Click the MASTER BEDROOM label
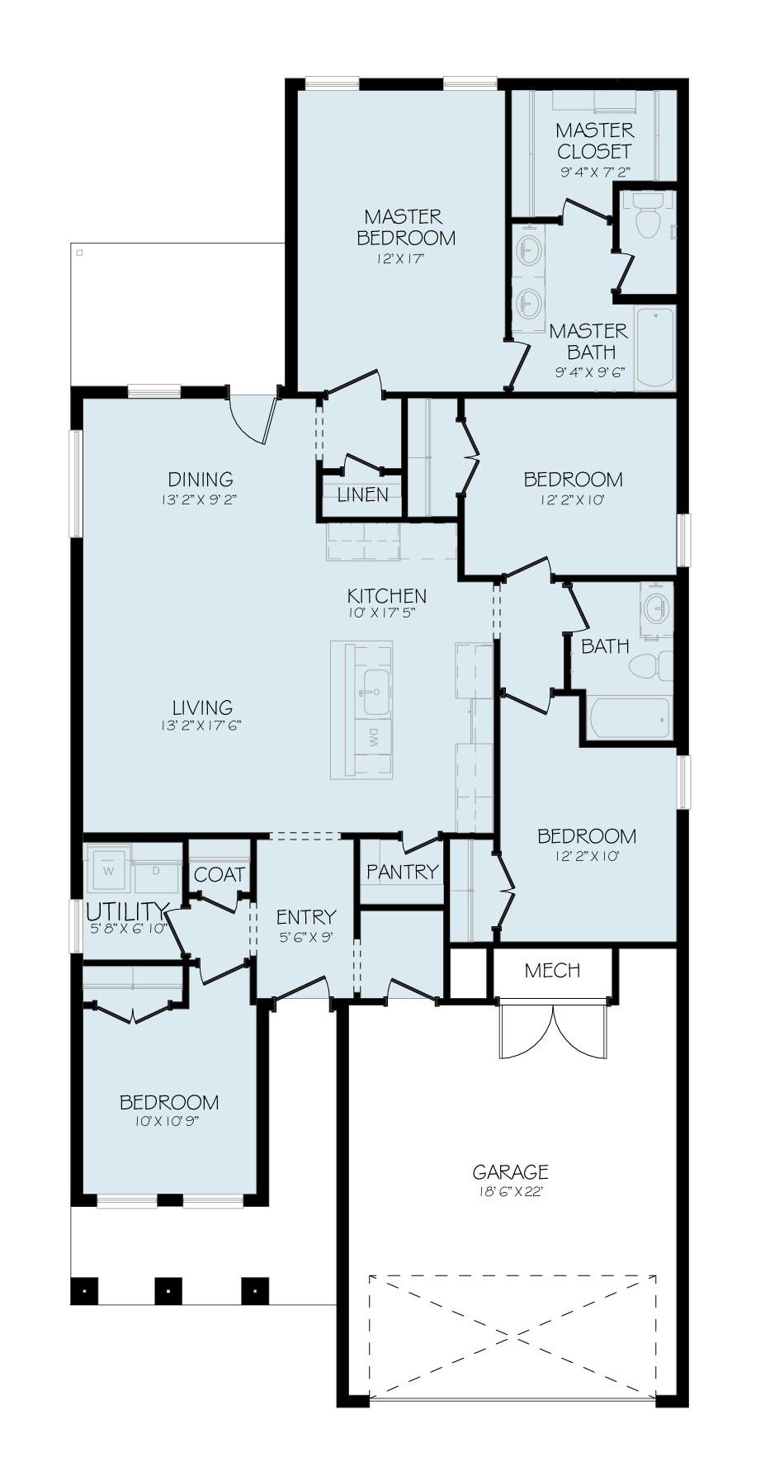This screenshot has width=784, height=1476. [x=405, y=227]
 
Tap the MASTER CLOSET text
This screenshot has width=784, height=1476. [x=594, y=140]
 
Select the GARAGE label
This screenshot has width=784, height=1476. [x=510, y=1171]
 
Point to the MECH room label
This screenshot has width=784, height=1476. [x=552, y=970]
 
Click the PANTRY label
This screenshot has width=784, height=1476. [x=402, y=871]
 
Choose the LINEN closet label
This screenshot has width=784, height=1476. [x=362, y=494]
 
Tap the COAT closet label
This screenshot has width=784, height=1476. [x=219, y=874]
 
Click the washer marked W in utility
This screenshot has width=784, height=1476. [x=108, y=870]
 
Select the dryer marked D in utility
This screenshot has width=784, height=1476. [x=155, y=870]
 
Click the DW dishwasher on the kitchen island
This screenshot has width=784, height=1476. [x=374, y=737]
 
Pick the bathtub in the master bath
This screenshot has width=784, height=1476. [x=655, y=348]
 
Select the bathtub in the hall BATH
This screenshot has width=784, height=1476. [x=629, y=719]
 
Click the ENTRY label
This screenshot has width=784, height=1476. [x=306, y=916]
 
